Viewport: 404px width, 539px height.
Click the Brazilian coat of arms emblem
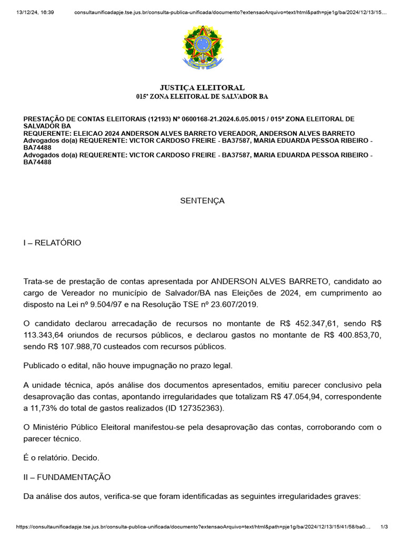click(203, 48)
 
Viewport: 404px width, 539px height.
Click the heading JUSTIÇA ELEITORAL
click(202, 87)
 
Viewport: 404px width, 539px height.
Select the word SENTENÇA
click(203, 201)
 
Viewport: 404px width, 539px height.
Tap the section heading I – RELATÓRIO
click(52, 243)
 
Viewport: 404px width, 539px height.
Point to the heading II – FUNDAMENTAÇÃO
click(67, 477)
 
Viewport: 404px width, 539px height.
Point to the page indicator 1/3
click(384, 527)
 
